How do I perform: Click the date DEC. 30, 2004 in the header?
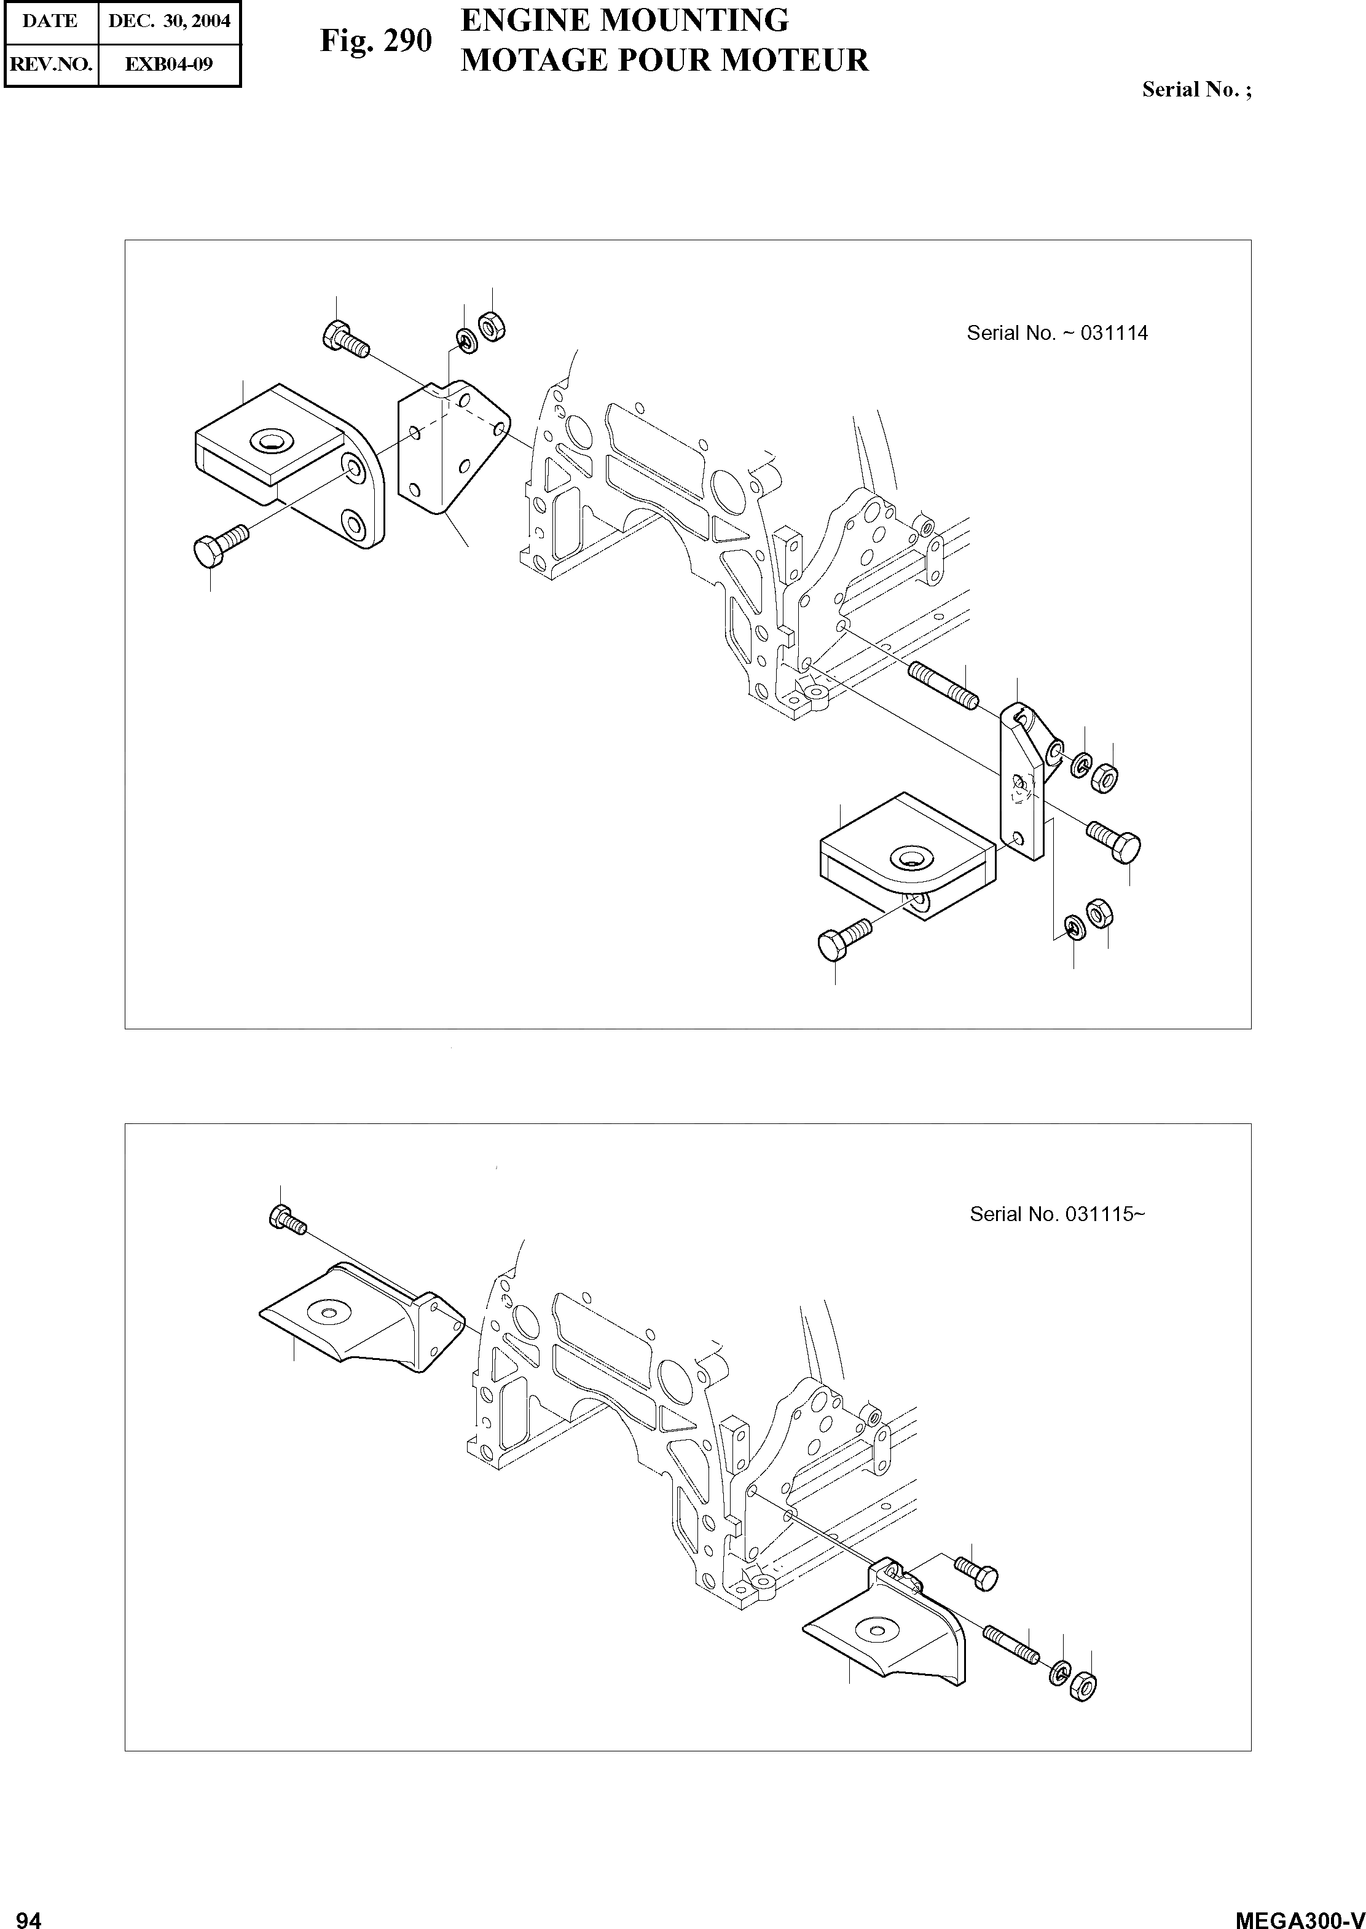[169, 21]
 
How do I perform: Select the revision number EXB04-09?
[169, 65]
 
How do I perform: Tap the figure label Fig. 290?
[376, 41]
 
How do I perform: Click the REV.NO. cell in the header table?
[50, 65]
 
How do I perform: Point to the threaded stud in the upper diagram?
[942, 686]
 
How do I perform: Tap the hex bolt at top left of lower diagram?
[286, 1219]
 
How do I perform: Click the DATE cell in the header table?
[50, 21]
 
